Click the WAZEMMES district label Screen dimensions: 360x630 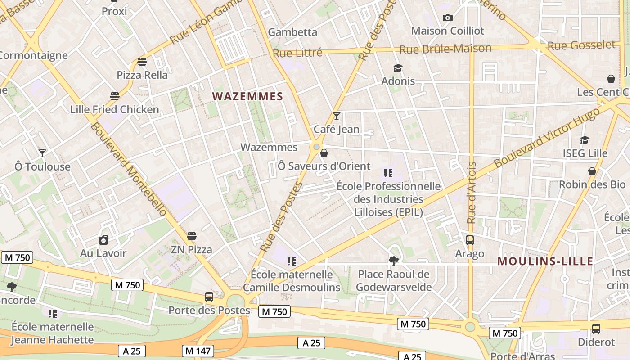coord(247,96)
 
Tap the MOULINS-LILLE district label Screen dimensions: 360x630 coord(545,261)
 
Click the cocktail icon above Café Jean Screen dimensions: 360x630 coord(337,116)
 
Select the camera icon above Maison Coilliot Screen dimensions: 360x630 coord(447,18)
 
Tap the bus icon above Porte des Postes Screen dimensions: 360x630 coord(209,297)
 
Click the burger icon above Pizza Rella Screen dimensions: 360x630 coord(142,61)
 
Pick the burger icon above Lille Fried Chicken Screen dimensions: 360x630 coord(115,96)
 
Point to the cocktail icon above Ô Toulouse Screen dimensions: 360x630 coord(42,153)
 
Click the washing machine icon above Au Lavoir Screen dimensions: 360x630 coord(103,240)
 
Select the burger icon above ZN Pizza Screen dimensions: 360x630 coord(192,236)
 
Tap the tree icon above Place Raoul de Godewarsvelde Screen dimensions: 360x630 coord(394,261)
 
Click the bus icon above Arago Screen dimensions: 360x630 coord(470,240)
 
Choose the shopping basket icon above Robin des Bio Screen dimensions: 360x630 coord(592,171)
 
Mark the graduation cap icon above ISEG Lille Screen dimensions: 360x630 coord(585,140)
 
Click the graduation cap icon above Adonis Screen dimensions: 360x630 coord(398,68)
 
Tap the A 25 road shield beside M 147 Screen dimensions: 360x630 coord(132,351)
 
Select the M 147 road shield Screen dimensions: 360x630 coord(198,351)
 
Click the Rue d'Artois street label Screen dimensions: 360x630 coord(472,193)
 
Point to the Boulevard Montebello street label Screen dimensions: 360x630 coord(128,170)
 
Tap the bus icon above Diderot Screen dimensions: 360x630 coord(596,329)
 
